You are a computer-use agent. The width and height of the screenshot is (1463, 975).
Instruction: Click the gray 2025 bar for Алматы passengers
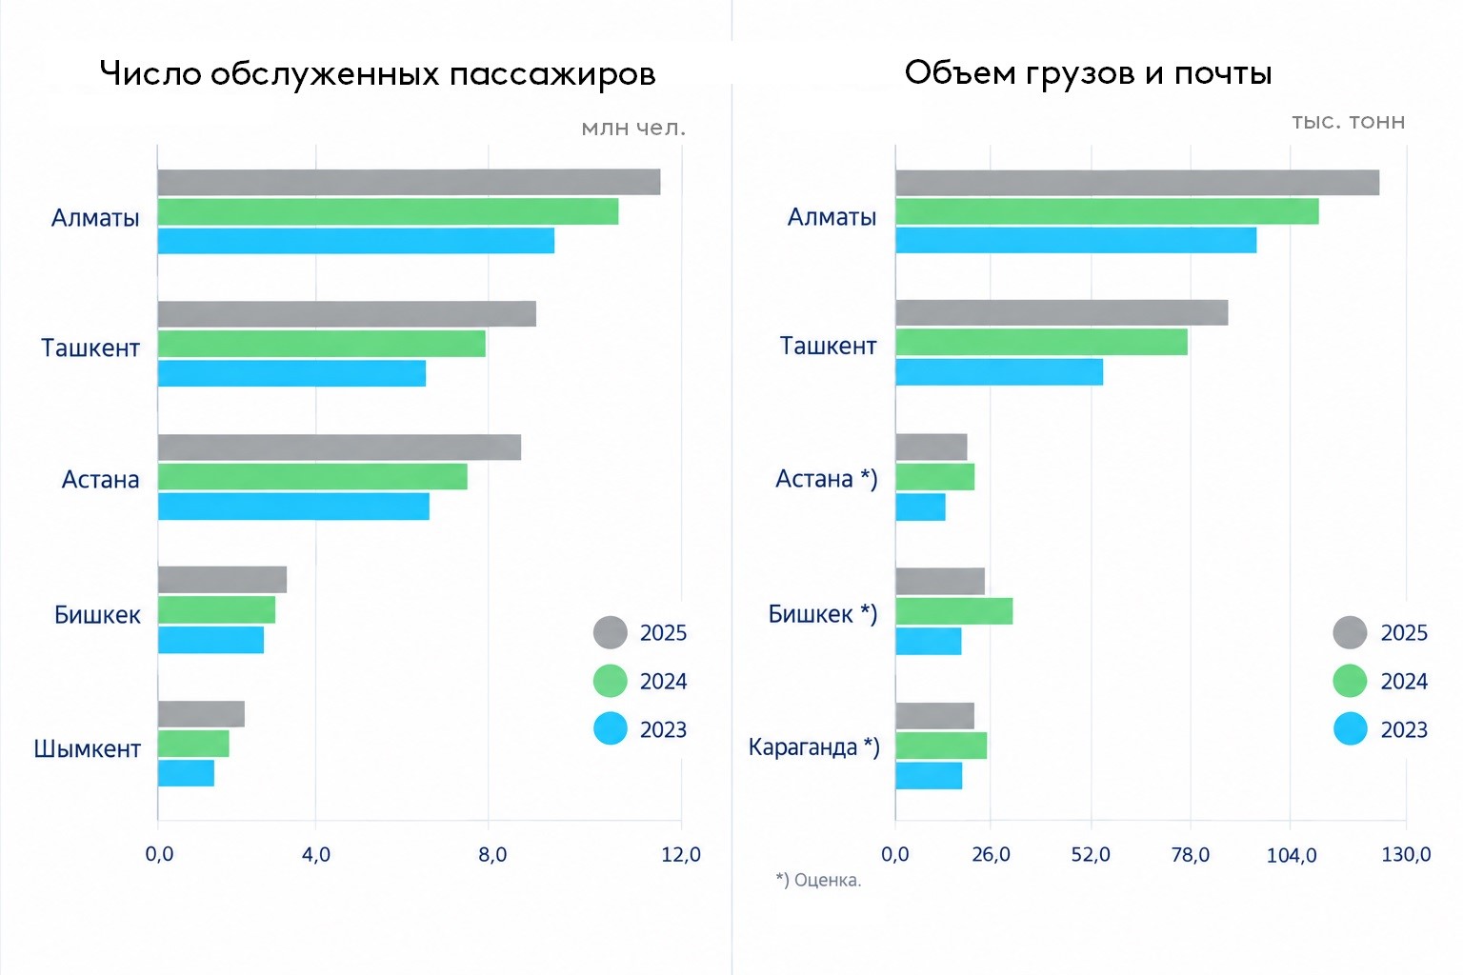(x=409, y=182)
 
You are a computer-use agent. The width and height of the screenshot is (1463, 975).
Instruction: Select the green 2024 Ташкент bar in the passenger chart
(x=321, y=344)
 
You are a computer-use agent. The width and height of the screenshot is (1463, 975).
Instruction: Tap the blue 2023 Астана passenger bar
(x=293, y=507)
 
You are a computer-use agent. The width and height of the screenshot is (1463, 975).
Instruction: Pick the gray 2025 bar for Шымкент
(x=201, y=714)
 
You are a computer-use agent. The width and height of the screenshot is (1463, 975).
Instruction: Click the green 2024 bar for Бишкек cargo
(x=954, y=611)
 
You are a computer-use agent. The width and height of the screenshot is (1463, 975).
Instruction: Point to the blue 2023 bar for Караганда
(x=929, y=776)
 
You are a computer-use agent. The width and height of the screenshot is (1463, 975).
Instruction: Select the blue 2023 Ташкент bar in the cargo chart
(x=999, y=372)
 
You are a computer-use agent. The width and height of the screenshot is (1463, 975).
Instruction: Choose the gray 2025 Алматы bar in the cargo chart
(x=1138, y=183)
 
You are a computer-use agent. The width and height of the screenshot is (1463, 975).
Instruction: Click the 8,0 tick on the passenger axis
(x=492, y=854)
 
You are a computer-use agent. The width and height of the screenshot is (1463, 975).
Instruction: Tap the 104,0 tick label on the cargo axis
(x=1292, y=855)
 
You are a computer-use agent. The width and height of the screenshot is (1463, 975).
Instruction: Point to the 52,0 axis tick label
(x=1091, y=854)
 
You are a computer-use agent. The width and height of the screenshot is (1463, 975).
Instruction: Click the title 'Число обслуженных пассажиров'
(x=377, y=73)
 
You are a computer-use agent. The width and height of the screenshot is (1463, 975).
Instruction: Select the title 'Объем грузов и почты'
(x=1088, y=72)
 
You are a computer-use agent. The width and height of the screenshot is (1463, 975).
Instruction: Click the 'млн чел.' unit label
(x=633, y=129)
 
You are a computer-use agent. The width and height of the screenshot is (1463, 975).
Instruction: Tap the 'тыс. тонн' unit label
(x=1349, y=122)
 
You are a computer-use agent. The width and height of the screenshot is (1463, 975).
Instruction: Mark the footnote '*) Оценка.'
(x=818, y=881)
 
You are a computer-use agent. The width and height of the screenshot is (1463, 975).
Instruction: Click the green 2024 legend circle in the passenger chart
(x=610, y=681)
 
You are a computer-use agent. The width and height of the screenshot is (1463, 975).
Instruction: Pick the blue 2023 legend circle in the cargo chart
(x=1350, y=728)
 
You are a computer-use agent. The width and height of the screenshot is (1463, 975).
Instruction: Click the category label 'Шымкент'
(x=88, y=749)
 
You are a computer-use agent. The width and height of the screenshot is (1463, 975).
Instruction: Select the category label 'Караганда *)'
(x=813, y=746)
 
